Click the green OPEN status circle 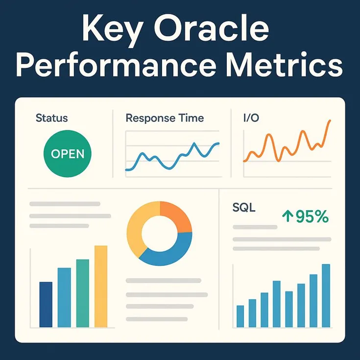pos(68,153)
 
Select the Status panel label pos(52,118)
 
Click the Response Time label pos(165,118)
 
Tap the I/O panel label pos(252,118)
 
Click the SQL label pos(243,208)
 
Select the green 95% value pos(312,216)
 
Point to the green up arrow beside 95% pos(287,216)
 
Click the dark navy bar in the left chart pos(46,304)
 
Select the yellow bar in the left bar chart pos(100,287)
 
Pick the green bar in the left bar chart pos(83,293)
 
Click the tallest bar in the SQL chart pos(326,295)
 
